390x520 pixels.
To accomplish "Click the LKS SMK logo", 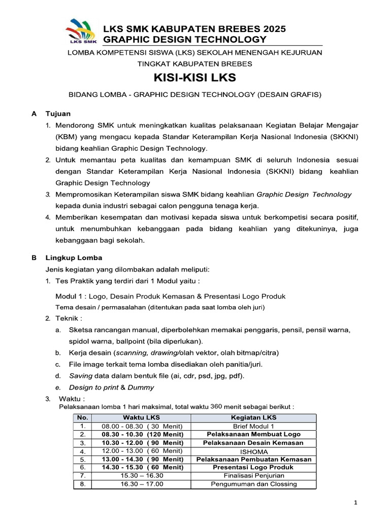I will [81, 33].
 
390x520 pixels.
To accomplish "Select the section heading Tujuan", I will [58, 114].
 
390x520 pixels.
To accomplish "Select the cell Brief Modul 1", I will [253, 426].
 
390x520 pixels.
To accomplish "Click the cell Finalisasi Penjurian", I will [253, 475].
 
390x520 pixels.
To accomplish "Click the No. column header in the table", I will [83, 417].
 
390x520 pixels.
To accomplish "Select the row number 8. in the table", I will [83, 484].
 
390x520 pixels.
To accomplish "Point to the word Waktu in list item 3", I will [70, 398].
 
